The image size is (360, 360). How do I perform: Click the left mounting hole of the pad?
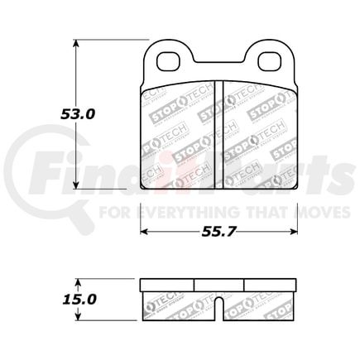(169, 61)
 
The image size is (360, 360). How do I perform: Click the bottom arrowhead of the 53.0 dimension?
(79, 188)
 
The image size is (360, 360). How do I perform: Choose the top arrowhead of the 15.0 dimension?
(79, 281)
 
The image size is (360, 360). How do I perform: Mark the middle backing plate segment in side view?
(219, 283)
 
